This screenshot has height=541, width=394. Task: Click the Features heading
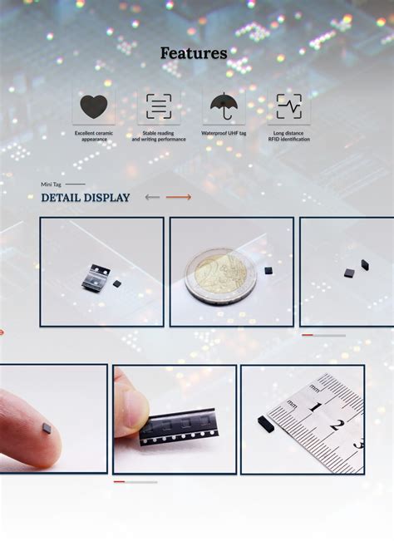pos(194,53)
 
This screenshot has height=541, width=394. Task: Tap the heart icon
pos(93,106)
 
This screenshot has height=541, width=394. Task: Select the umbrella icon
pos(223,106)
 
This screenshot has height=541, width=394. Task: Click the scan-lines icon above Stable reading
pos(158,106)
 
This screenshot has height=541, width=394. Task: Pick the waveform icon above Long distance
pos(289,106)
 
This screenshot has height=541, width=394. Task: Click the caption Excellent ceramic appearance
pos(94,136)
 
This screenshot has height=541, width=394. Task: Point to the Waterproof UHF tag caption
pos(224,133)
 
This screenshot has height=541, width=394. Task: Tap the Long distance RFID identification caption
pos(289,136)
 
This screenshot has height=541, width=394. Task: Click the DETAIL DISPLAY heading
pos(86,198)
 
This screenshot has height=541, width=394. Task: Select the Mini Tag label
pos(52,184)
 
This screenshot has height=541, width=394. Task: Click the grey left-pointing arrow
pos(152,198)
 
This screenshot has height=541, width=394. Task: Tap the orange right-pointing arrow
pos(179,198)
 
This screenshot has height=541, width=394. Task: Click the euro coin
pos(220,276)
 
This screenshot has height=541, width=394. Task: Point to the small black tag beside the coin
pos(268,270)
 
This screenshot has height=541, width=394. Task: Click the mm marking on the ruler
pos(293,402)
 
